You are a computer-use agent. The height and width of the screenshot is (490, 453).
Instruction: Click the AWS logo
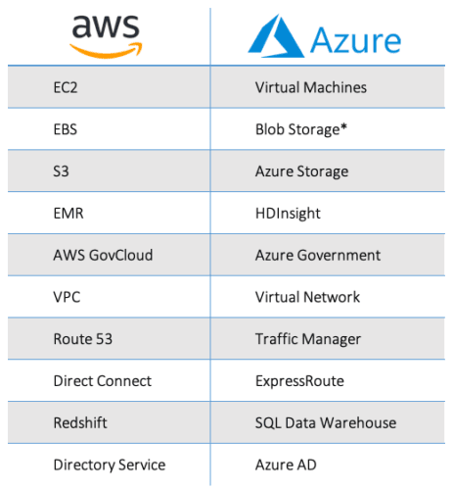coord(106,36)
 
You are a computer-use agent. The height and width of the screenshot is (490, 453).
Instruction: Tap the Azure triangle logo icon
coord(276,36)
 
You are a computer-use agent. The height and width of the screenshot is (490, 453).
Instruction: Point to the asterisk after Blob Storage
coord(343,126)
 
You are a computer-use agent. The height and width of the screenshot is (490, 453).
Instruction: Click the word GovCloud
coord(121,255)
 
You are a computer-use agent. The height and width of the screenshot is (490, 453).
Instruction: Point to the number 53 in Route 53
coord(104,339)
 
